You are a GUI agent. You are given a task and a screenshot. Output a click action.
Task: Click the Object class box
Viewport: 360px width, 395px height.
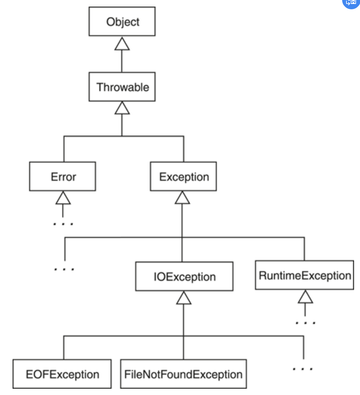(122, 21)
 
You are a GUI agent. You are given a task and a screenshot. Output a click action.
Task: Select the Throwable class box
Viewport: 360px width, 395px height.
(122, 87)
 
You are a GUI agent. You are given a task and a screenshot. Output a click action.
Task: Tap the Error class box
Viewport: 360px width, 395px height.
(62, 176)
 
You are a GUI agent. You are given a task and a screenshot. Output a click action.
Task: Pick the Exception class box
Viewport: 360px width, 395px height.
(183, 176)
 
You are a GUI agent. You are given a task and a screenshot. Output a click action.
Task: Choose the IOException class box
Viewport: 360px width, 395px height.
(184, 276)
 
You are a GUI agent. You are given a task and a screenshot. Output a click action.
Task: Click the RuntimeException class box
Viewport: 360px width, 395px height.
(304, 275)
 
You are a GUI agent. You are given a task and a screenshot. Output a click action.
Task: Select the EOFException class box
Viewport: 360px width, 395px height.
(62, 374)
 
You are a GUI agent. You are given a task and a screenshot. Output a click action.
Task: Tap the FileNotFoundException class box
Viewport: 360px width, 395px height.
(183, 374)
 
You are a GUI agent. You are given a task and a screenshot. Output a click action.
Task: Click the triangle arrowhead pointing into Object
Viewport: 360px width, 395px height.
(122, 44)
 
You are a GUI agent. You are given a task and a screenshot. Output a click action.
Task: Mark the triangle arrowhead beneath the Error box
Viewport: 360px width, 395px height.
(63, 198)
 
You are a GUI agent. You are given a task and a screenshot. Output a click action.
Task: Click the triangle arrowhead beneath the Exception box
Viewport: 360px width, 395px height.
(182, 198)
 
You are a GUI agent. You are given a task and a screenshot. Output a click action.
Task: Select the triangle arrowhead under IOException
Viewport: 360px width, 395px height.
(183, 298)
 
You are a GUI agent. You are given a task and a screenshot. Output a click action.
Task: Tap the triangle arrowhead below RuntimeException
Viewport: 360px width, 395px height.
(305, 297)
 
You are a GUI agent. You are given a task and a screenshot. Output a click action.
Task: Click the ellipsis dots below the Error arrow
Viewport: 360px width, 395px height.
(63, 224)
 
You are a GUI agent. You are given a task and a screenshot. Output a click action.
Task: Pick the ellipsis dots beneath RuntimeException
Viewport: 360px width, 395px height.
(305, 323)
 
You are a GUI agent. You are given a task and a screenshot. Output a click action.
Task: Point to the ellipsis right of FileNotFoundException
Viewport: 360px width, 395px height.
(303, 369)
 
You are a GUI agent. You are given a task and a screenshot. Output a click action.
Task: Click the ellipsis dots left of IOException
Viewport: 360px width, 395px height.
(64, 269)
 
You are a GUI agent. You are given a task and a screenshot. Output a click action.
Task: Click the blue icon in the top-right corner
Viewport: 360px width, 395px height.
(351, 3)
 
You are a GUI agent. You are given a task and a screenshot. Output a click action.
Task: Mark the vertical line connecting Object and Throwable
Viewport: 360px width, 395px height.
(122, 61)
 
